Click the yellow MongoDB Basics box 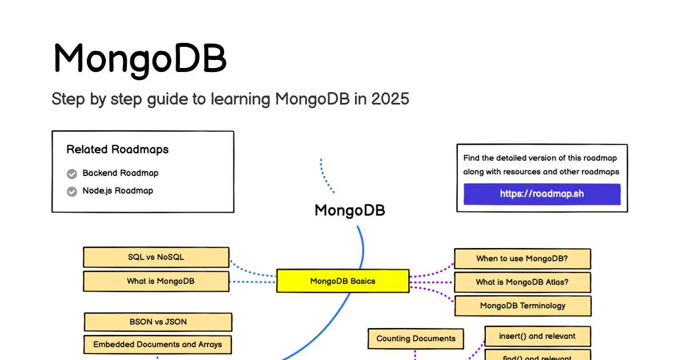click(x=342, y=281)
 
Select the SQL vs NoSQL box click(x=156, y=257)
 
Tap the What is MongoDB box click(x=156, y=281)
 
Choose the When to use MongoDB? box click(x=523, y=259)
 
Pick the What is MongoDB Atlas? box click(x=523, y=282)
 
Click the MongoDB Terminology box click(x=523, y=306)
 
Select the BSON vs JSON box click(x=158, y=322)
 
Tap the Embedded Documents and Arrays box click(x=158, y=345)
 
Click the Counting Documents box click(x=416, y=339)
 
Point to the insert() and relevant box click(x=537, y=337)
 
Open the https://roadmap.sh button click(x=542, y=194)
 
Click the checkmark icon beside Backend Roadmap click(x=72, y=174)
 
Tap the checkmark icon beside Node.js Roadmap click(x=72, y=191)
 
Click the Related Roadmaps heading click(x=118, y=149)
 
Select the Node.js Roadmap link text click(x=118, y=191)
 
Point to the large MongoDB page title click(x=140, y=59)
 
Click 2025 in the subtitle click(x=390, y=99)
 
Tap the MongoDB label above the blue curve click(x=350, y=211)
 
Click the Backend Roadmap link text click(x=121, y=173)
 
